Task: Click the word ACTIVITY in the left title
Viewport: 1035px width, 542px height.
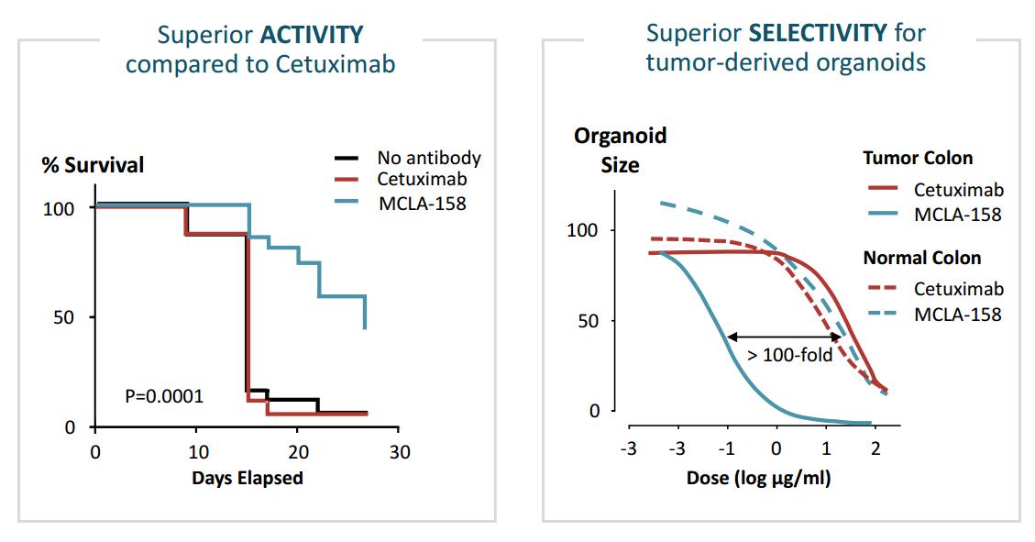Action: click(x=313, y=34)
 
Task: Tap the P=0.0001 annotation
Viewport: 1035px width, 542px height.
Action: click(x=164, y=396)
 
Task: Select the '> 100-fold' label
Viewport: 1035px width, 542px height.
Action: click(x=790, y=355)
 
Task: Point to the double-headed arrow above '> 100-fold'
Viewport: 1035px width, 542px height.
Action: click(x=785, y=337)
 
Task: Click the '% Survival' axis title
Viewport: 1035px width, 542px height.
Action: click(x=93, y=164)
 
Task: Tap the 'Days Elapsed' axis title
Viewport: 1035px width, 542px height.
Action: click(x=248, y=478)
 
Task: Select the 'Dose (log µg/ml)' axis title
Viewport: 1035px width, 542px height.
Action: click(x=758, y=478)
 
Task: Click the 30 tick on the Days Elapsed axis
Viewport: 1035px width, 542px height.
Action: click(x=400, y=452)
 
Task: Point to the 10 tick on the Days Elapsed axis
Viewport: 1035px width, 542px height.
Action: click(x=198, y=452)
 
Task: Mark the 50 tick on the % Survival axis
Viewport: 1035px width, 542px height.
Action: click(x=64, y=317)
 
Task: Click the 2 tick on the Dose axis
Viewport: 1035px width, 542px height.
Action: click(x=875, y=449)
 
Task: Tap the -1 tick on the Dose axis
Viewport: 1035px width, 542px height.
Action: click(x=726, y=449)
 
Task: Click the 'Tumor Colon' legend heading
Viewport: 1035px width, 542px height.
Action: click(x=918, y=159)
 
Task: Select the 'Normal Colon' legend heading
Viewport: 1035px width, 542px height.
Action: click(x=922, y=258)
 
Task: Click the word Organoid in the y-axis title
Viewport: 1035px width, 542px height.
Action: click(x=621, y=136)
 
